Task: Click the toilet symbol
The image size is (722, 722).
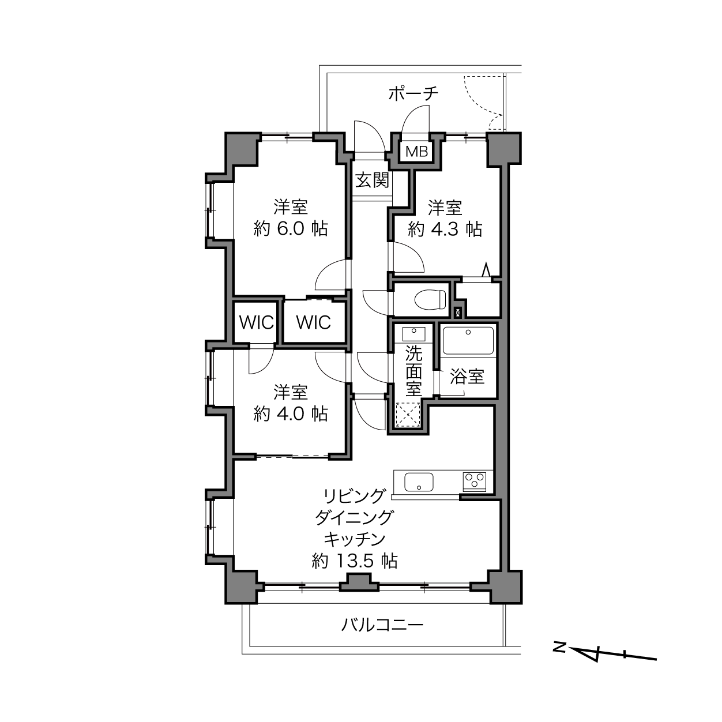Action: [431, 300]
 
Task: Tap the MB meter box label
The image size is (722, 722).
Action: [417, 151]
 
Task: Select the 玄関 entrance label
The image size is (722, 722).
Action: [373, 180]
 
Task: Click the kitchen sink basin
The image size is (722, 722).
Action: [419, 482]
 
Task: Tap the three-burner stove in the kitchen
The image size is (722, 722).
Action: [475, 481]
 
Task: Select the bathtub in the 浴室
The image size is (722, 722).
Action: [468, 341]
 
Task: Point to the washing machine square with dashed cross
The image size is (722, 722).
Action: [408, 415]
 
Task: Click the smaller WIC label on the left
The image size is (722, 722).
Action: [257, 322]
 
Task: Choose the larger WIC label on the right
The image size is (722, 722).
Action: [314, 322]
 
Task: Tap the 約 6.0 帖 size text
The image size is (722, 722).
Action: [291, 228]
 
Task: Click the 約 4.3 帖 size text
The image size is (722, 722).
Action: [445, 229]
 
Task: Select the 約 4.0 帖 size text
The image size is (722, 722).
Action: [291, 414]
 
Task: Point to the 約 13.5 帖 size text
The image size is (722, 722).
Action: [355, 561]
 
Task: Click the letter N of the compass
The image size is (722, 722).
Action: [559, 647]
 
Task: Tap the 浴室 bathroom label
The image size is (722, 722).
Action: [467, 376]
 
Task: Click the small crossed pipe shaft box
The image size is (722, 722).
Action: [458, 311]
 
